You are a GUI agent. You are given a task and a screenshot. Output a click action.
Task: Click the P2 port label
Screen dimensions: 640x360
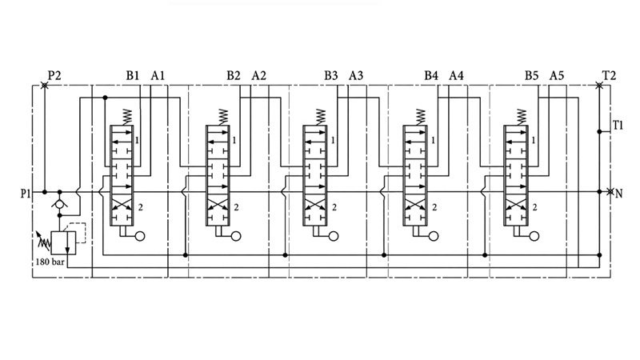[x=54, y=75]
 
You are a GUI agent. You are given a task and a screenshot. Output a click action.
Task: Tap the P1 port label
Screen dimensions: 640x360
[x=26, y=193]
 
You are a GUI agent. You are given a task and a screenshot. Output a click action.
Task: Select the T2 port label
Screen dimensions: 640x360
[x=609, y=75]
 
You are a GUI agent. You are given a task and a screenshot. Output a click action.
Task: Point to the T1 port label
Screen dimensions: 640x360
[x=618, y=126]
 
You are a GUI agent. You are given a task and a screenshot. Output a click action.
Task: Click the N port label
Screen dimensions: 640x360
[x=618, y=194]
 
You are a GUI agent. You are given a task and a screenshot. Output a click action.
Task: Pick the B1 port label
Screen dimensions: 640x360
[x=133, y=75]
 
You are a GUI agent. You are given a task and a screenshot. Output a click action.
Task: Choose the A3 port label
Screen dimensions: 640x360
[x=356, y=75]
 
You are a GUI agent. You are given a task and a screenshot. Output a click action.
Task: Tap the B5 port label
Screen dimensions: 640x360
[x=531, y=75]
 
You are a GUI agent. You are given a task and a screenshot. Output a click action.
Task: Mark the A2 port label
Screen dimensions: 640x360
[x=258, y=75]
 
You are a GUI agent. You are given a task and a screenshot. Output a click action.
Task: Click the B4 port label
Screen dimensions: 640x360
[x=431, y=75]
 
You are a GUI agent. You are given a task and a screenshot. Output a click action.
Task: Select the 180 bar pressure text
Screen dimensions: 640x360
[x=50, y=262]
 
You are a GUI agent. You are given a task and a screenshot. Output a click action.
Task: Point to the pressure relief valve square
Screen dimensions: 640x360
[x=63, y=243]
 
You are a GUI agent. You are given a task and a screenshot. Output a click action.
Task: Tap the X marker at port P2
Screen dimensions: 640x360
[x=45, y=86]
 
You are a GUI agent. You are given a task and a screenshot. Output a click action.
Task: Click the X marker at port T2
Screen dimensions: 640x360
[x=598, y=86]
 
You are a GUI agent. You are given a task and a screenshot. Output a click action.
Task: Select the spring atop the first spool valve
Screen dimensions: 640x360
[x=127, y=117]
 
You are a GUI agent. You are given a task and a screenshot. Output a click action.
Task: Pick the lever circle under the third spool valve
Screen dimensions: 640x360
[x=334, y=236]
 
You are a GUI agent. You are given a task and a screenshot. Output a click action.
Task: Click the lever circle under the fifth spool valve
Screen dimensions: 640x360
[x=534, y=236]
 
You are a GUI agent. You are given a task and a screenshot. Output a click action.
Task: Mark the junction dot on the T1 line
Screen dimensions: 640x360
[x=599, y=131]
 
